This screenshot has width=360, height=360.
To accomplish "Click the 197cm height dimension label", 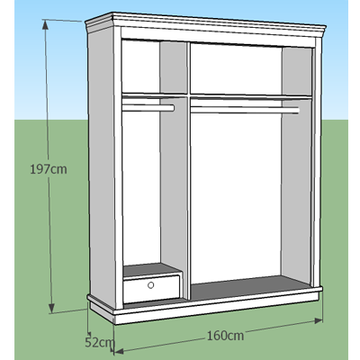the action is pos(49,169).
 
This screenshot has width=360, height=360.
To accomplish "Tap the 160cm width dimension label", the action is pos(225,336).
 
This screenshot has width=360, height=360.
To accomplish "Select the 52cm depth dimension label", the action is pos(99,342).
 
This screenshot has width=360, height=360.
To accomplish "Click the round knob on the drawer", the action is pos(151,285).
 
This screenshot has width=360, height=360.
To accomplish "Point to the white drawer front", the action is pos(152,289).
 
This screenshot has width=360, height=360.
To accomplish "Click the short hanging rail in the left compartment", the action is pos(148,108).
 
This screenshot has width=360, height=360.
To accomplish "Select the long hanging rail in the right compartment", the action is pos(245,110).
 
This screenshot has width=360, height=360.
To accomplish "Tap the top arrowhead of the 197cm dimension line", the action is pos(45,24).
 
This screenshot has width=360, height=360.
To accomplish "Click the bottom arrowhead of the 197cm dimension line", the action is pos(51,308).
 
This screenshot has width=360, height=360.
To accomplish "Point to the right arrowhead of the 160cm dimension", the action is pos(319,320).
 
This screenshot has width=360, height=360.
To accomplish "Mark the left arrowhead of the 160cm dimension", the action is pos(119,351).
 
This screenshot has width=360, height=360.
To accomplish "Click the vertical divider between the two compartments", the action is pos(188,171).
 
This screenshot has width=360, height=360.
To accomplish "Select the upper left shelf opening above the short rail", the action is pos(155,67).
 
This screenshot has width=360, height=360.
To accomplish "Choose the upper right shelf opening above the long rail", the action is pos(251,69).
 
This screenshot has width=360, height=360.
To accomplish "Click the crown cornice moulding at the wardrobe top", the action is pos(205,25).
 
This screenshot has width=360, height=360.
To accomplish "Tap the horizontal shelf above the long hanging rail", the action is pos(251,96).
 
